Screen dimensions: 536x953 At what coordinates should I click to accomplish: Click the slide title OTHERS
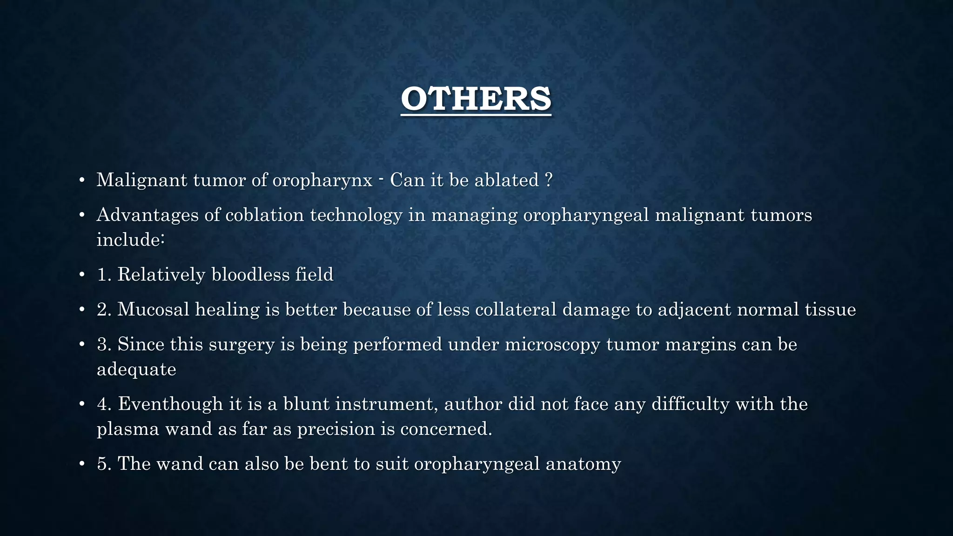[x=476, y=99]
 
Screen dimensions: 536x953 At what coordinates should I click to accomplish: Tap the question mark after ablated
[x=548, y=180]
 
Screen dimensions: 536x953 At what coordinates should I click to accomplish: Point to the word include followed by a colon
[x=130, y=240]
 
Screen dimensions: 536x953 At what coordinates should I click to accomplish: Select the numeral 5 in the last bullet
[x=102, y=464]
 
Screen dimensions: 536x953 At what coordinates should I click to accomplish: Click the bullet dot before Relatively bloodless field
[x=82, y=275]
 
